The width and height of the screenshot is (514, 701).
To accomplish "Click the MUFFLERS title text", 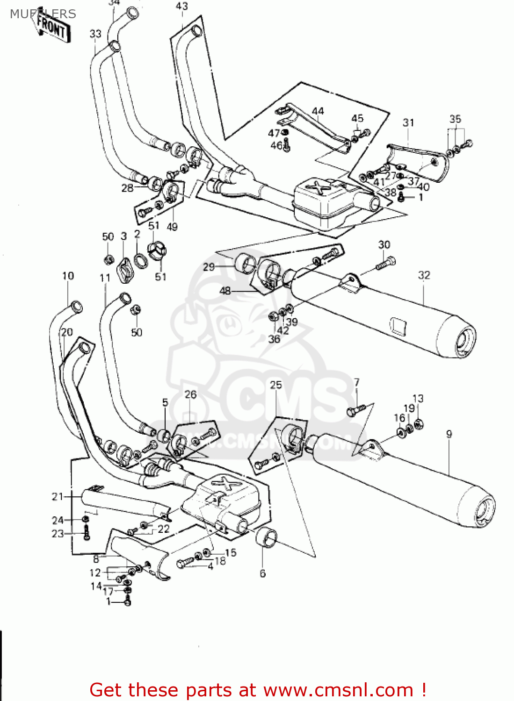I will tap(43, 14).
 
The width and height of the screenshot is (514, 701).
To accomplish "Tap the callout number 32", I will tap(424, 275).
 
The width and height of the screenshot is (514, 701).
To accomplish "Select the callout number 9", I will tap(449, 434).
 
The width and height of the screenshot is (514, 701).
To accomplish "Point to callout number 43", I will tap(182, 6).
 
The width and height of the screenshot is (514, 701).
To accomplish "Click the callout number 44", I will tap(318, 111).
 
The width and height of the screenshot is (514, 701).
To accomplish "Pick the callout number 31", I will tap(408, 122).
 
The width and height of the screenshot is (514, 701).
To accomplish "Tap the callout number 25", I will tap(276, 385).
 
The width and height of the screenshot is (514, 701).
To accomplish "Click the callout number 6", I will tap(262, 573).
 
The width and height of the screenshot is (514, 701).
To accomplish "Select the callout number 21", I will tap(57, 496).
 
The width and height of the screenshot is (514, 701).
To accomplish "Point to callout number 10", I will tap(68, 276).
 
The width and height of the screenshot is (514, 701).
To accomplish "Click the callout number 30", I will tap(384, 244).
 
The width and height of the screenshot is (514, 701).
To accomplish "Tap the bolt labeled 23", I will tap(86, 533).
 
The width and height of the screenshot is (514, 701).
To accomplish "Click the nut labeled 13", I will tap(419, 424).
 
